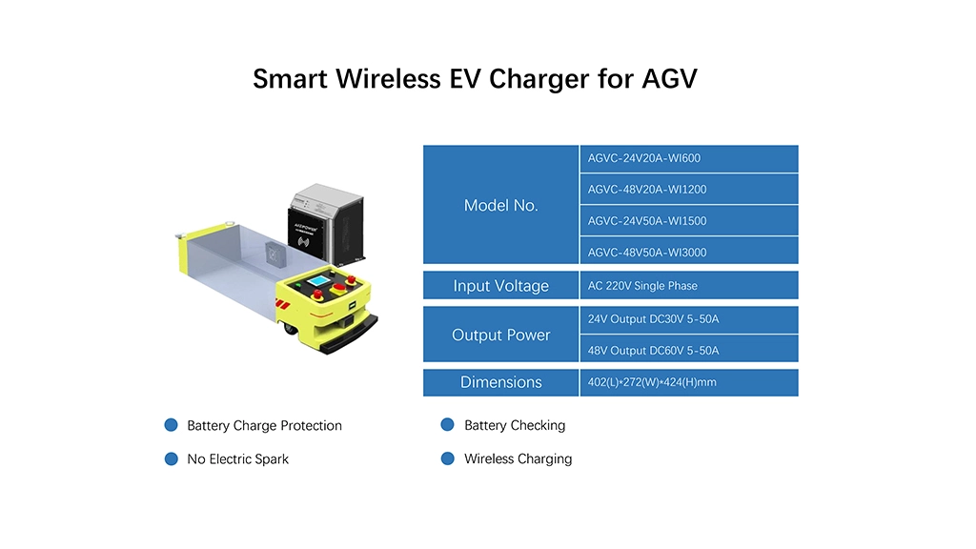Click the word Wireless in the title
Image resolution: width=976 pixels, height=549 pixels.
pos(389,79)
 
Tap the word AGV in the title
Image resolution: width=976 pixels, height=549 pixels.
pos(670,79)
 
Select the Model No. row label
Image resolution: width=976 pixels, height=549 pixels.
pos(501,205)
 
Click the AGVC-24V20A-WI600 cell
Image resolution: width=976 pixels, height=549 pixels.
pos(689,159)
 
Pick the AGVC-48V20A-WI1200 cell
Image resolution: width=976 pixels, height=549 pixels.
pos(689,190)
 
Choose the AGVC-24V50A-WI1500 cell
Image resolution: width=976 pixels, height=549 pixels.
pos(689,221)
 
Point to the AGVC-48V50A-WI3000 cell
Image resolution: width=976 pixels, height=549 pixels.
pos(689,251)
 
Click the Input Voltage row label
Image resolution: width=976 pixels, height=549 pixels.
pos(501,285)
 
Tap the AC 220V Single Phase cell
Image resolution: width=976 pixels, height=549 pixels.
pos(689,285)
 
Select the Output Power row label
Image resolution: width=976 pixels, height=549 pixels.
pos(501,335)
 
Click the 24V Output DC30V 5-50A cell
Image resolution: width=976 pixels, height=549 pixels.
pos(689,319)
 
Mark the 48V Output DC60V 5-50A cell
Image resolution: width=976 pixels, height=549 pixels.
pos(689,349)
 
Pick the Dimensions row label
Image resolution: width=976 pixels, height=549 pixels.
pos(501,382)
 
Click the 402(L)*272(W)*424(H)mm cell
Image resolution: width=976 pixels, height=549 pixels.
pos(689,382)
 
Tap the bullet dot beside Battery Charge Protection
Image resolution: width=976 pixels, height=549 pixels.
pos(172,425)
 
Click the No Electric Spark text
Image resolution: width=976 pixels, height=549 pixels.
pos(237,459)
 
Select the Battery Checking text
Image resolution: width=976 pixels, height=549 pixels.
pos(515,426)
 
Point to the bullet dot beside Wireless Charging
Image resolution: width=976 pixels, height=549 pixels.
pos(448,458)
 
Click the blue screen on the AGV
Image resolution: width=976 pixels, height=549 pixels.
pos(318,281)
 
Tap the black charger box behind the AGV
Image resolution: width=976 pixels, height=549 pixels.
pos(326,223)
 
